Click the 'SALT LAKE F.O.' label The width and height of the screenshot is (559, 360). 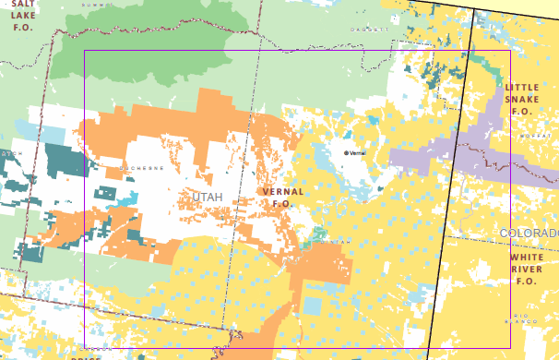click(x=20, y=16)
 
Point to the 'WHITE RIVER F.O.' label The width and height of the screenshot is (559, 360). click(x=527, y=269)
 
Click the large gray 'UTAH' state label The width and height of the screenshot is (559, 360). click(x=208, y=198)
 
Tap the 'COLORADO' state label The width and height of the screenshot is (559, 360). click(x=529, y=233)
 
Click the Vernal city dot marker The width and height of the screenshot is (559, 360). click(x=347, y=152)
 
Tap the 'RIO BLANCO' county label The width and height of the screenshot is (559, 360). click(x=522, y=319)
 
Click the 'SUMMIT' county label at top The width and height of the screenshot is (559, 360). click(x=92, y=5)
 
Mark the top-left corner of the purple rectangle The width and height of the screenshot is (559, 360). click(x=84, y=51)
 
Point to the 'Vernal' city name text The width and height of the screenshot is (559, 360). click(x=359, y=152)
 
